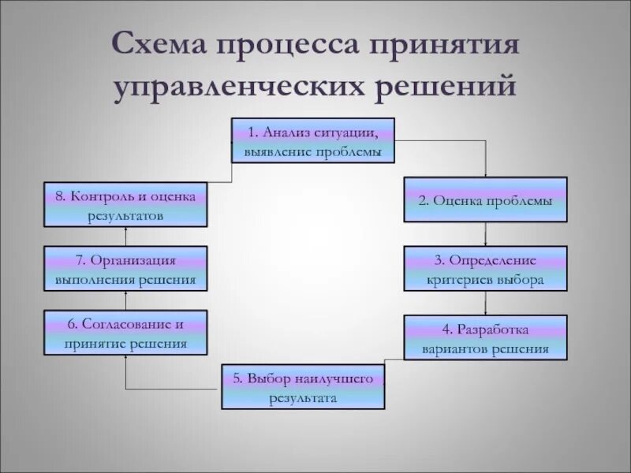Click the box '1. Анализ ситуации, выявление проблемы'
pyautogui.click(x=312, y=140)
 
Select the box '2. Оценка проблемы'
pyautogui.click(x=485, y=199)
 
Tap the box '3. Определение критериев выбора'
pyautogui.click(x=485, y=269)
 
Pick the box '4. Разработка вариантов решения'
pyautogui.click(x=485, y=338)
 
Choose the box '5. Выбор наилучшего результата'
pyautogui.click(x=303, y=386)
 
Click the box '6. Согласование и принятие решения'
pyautogui.click(x=125, y=333)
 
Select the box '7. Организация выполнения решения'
pyautogui.click(x=125, y=269)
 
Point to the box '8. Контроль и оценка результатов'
pyautogui.click(x=125, y=205)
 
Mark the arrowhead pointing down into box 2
pyautogui.click(x=485, y=174)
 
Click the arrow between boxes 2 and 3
pyautogui.click(x=485, y=235)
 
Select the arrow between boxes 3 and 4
pyautogui.click(x=485, y=304)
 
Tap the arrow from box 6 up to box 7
pyautogui.click(x=125, y=300)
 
